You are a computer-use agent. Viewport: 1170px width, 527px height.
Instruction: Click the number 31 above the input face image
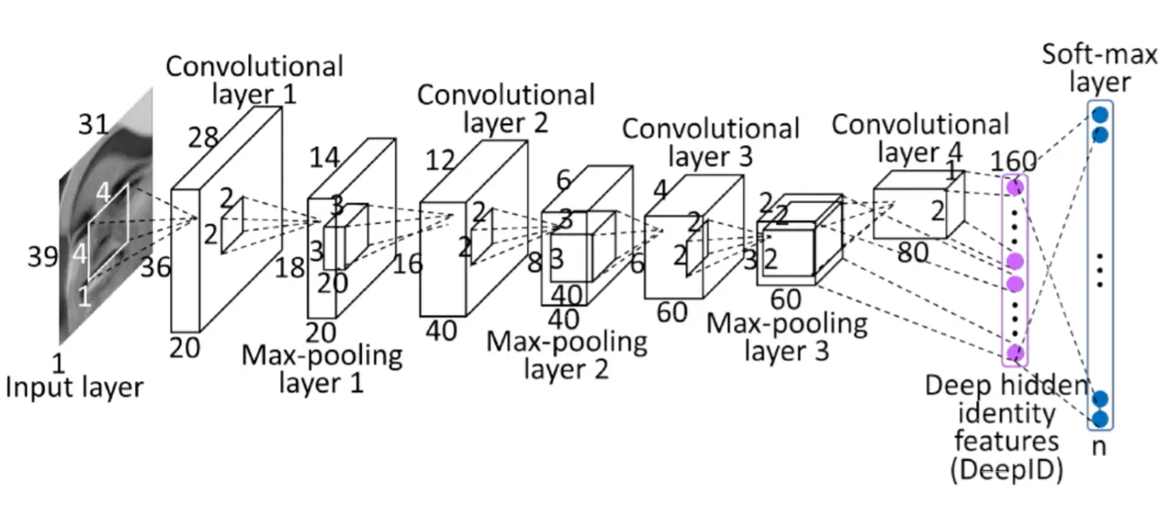[x=94, y=124]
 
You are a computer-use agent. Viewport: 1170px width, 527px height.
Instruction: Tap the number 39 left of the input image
[x=42, y=257]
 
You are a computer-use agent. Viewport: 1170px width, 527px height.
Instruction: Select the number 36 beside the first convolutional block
[x=155, y=268]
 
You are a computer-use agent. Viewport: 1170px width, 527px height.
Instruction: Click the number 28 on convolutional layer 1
[x=203, y=138]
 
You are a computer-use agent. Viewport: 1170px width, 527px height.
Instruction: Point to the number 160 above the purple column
[x=1013, y=161]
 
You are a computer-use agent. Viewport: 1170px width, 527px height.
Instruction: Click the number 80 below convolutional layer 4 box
[x=913, y=252]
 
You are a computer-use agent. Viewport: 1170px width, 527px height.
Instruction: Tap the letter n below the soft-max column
[x=1100, y=447]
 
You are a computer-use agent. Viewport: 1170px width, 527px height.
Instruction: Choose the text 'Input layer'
[x=73, y=387]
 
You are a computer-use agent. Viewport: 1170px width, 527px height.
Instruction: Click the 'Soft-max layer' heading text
[x=1100, y=69]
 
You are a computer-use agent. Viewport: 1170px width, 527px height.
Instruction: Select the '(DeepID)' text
[x=1006, y=470]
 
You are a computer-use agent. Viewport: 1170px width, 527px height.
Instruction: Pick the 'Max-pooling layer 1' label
[x=321, y=369]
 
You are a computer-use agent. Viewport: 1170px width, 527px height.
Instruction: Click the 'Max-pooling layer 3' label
[x=786, y=337]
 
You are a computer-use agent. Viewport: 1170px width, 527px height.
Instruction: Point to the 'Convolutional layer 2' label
[x=505, y=109]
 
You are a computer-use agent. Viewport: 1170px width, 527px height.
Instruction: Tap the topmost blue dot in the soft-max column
[x=1100, y=115]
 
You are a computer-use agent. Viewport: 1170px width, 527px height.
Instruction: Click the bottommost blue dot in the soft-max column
[x=1100, y=418]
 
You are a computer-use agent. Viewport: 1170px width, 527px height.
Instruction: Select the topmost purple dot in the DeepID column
[x=1015, y=187]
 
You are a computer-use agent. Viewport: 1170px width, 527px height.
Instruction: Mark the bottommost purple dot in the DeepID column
[x=1015, y=354]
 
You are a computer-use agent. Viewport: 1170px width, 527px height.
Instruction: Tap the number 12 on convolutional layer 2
[x=440, y=161]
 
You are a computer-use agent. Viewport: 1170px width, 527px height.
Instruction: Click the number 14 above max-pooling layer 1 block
[x=324, y=158]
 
